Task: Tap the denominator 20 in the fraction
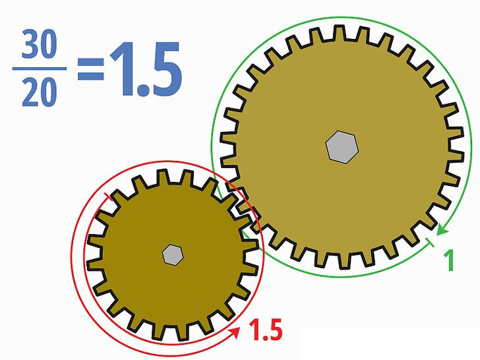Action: tap(39, 95)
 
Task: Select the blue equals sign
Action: tap(90, 69)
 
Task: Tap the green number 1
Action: tap(450, 260)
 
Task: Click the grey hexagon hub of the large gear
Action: tap(342, 146)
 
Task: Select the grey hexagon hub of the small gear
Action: tap(172, 254)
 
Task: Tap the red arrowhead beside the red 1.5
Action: tap(235, 334)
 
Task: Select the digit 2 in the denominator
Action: tap(30, 95)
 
